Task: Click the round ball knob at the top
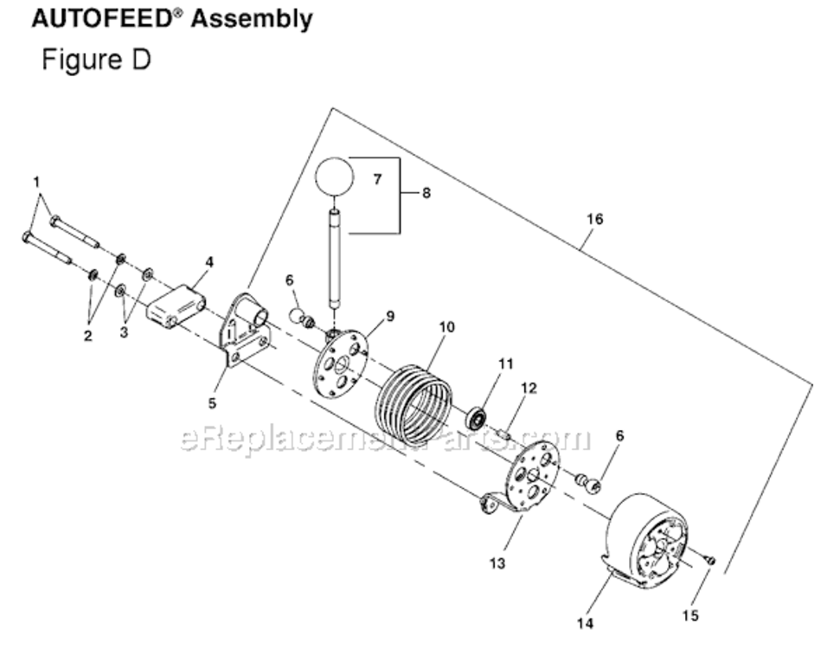click(x=334, y=176)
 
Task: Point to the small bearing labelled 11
click(x=476, y=419)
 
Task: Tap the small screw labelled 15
click(x=709, y=561)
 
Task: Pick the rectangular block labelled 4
click(x=176, y=305)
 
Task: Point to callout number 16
click(x=594, y=219)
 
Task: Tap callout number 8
click(x=426, y=193)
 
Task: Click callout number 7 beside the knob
click(x=376, y=179)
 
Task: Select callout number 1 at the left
click(x=36, y=181)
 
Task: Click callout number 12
click(x=529, y=388)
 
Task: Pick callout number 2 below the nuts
click(x=87, y=336)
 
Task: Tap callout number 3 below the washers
click(x=124, y=332)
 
